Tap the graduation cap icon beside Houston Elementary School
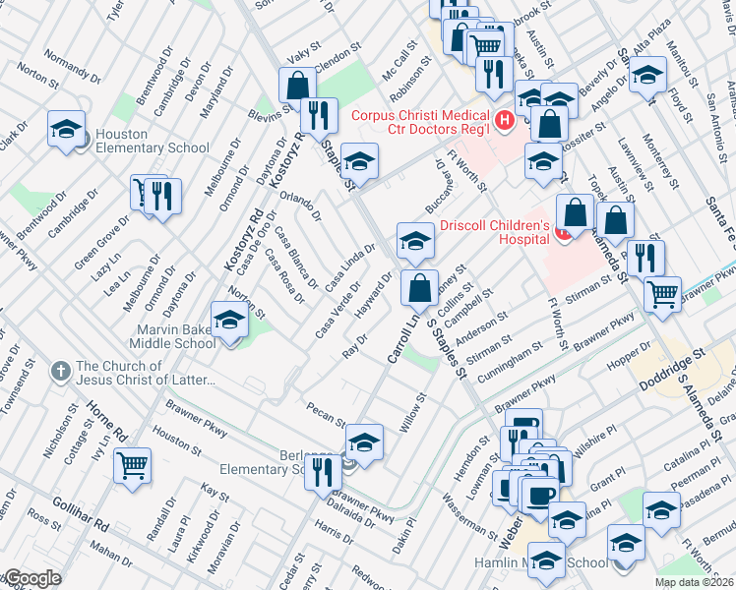point(66,130)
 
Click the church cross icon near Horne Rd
point(61,371)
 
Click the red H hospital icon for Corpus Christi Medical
point(505,121)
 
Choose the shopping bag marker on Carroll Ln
point(420,289)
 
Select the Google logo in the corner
point(31,578)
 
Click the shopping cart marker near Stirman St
point(663,292)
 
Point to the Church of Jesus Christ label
point(144,375)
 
